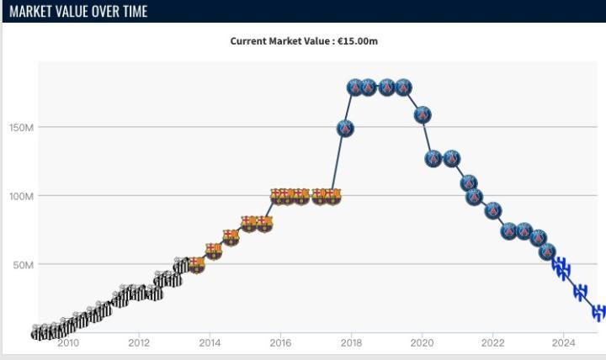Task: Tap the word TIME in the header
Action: pyautogui.click(x=131, y=11)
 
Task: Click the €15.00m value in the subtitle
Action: pyautogui.click(x=358, y=40)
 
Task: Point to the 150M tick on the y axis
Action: pyautogui.click(x=22, y=128)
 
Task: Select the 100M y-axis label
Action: pyautogui.click(x=22, y=196)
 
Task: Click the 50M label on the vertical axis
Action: pyautogui.click(x=24, y=265)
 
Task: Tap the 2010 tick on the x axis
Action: pyautogui.click(x=68, y=342)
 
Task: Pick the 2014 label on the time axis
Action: pyautogui.click(x=210, y=342)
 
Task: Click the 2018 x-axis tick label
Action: pyautogui.click(x=351, y=342)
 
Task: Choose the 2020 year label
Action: pyautogui.click(x=422, y=342)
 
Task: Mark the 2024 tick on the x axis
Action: pyautogui.click(x=563, y=342)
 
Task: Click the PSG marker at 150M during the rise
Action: pyautogui.click(x=345, y=129)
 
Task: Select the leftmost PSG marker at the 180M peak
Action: pyautogui.click(x=355, y=87)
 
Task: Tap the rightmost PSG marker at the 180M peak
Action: pyautogui.click(x=403, y=87)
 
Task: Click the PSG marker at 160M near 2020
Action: pyautogui.click(x=423, y=114)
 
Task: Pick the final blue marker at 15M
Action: pyautogui.click(x=598, y=312)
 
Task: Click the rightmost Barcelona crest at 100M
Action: pyautogui.click(x=333, y=197)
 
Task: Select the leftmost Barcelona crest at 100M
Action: pyautogui.click(x=278, y=197)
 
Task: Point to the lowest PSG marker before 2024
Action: pyautogui.click(x=547, y=251)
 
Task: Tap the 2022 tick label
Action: pyautogui.click(x=492, y=342)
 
